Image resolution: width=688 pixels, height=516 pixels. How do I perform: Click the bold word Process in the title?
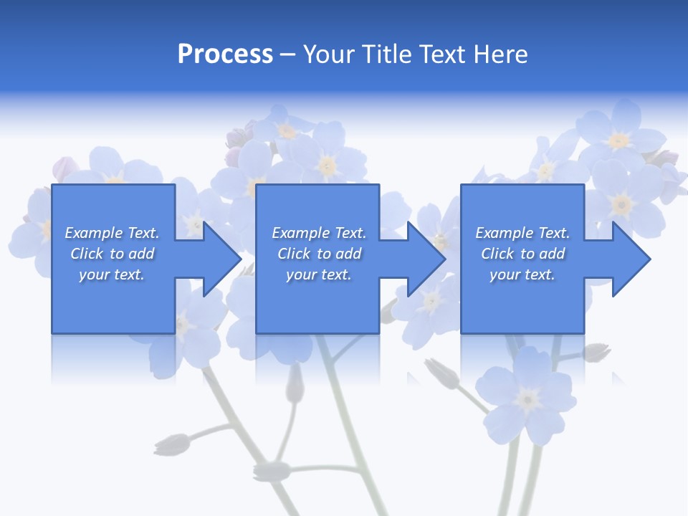225,54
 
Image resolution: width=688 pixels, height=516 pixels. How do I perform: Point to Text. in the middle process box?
348,233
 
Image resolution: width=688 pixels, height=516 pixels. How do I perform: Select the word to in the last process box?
528,254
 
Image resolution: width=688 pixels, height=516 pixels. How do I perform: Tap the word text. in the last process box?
539,275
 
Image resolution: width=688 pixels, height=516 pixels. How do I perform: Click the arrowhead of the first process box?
221,259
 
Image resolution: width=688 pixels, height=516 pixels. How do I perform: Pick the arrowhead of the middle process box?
426,259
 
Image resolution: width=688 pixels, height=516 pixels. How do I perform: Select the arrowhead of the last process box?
631,259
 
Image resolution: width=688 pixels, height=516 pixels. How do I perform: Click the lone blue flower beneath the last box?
528,396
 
